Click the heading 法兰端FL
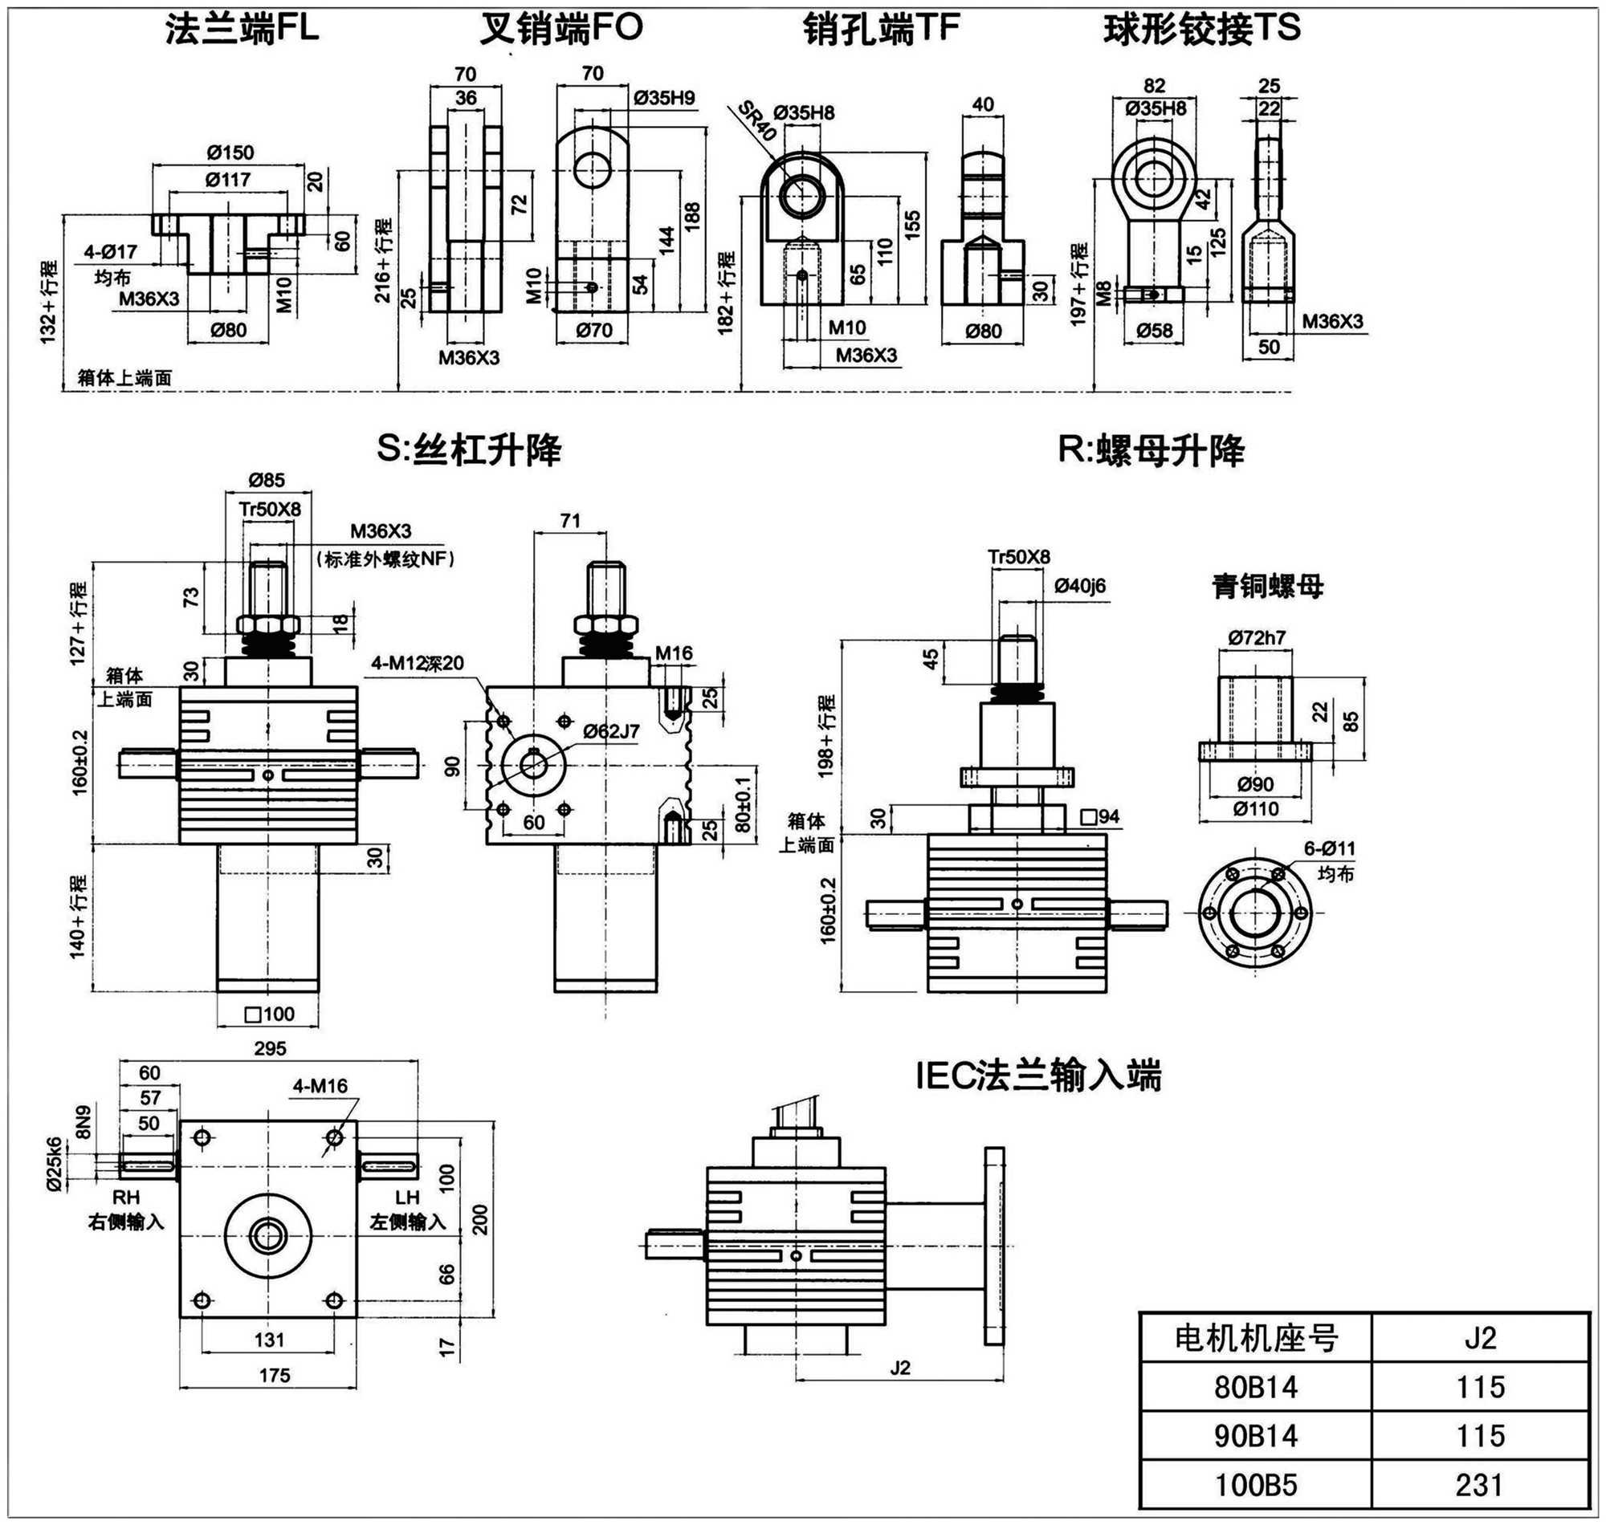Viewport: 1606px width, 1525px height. click(x=243, y=29)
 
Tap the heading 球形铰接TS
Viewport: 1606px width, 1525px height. click(x=1202, y=29)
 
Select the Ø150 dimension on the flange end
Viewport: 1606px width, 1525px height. click(x=230, y=152)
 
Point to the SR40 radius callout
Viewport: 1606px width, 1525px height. click(x=757, y=123)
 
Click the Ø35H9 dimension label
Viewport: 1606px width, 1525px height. click(x=664, y=98)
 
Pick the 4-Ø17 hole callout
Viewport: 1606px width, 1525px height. click(x=111, y=252)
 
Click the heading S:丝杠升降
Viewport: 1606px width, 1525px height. click(x=469, y=449)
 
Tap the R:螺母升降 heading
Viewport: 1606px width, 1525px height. click(x=1151, y=449)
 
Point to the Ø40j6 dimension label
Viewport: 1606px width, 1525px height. click(x=1080, y=585)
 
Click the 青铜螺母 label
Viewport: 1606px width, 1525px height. click(x=1268, y=586)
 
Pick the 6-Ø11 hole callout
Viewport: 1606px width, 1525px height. click(x=1330, y=848)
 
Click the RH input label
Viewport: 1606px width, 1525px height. click(x=126, y=1198)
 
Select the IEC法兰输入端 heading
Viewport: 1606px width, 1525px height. click(x=1039, y=1076)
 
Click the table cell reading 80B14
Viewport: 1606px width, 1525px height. click(x=1256, y=1386)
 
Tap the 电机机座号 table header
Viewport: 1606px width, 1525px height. click(x=1256, y=1337)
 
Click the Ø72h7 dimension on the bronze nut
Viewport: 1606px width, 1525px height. click(x=1257, y=637)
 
